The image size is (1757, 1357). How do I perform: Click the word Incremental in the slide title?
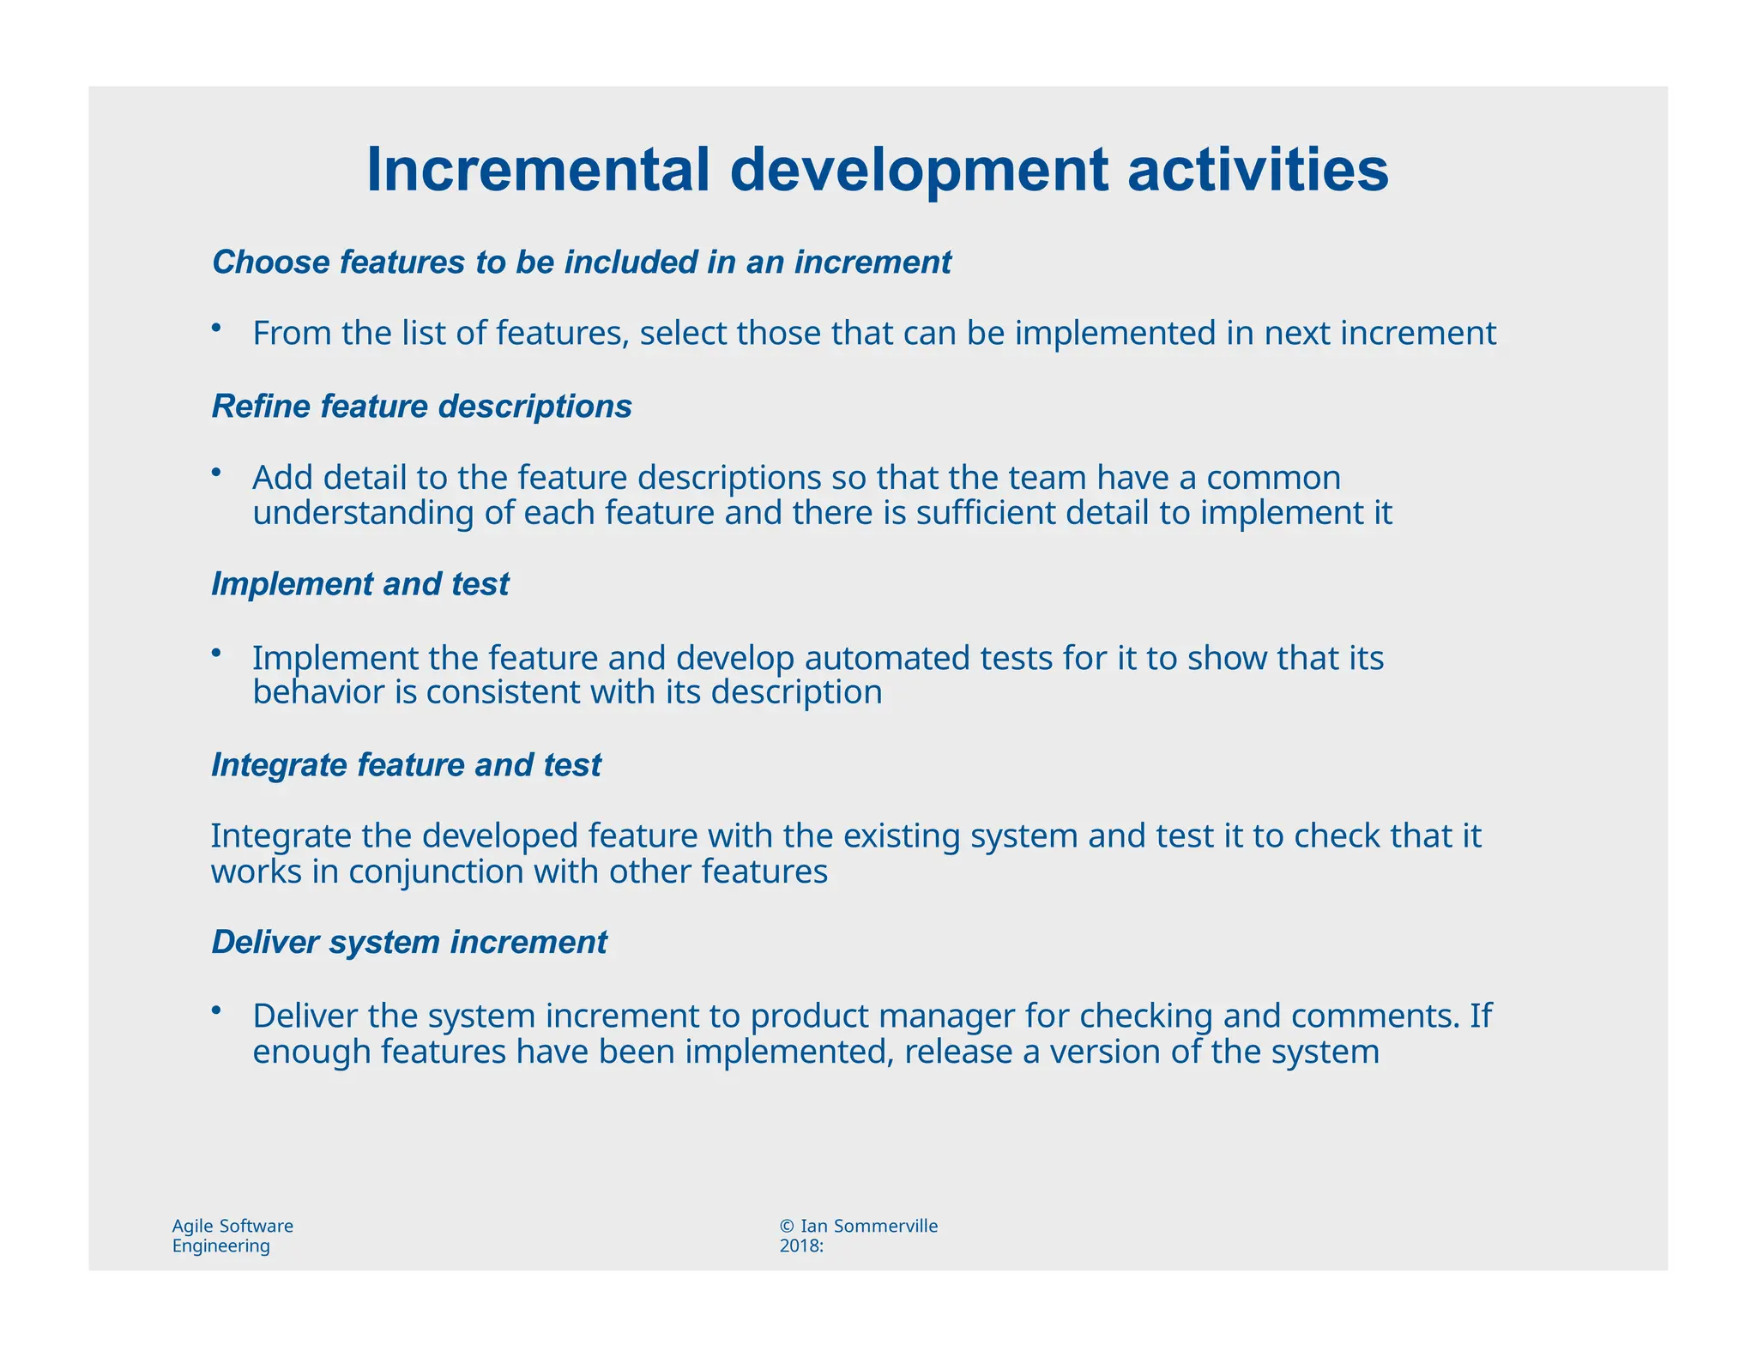(538, 171)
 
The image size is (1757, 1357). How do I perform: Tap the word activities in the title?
(1258, 171)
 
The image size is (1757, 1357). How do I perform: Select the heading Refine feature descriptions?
(421, 407)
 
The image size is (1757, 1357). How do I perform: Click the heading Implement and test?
(359, 584)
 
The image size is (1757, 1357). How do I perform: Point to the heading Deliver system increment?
(409, 942)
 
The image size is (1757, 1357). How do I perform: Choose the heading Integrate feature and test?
(406, 765)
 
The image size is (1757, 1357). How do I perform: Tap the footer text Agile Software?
(232, 1227)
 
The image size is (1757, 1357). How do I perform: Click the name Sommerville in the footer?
(885, 1227)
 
